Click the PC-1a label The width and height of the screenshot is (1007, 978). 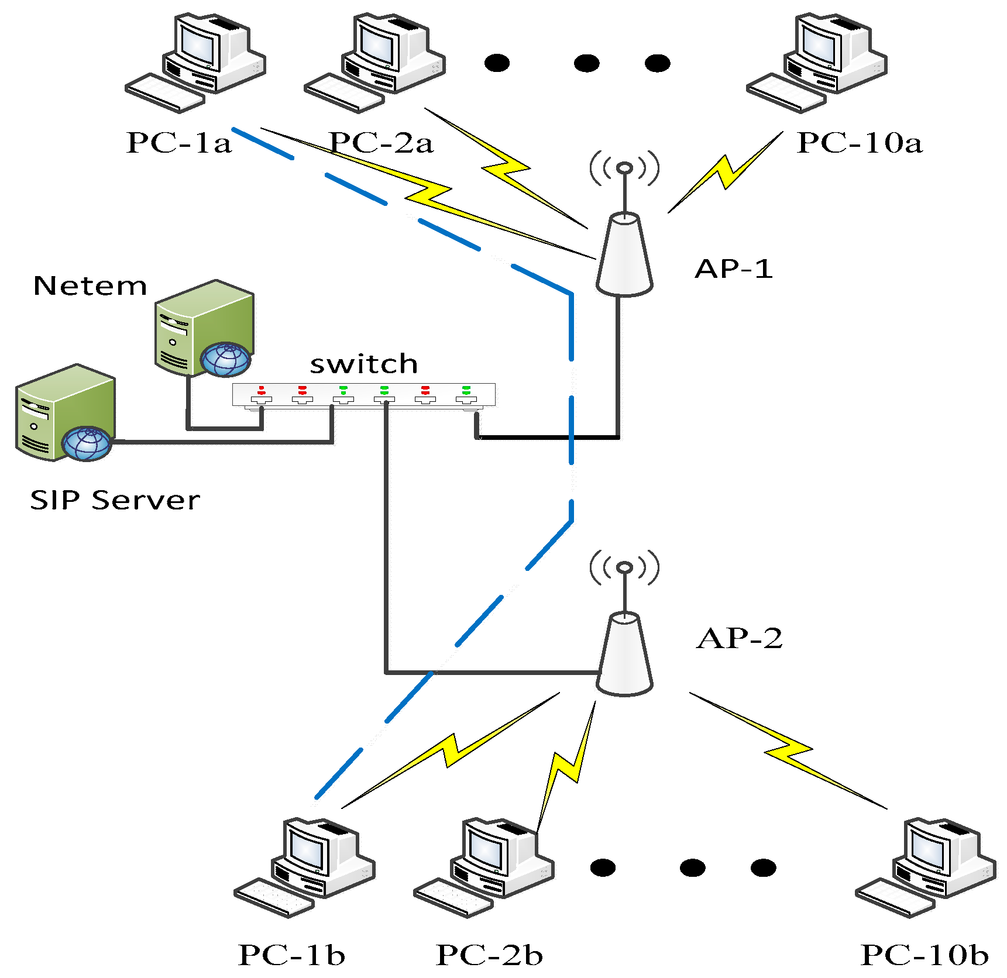[178, 143]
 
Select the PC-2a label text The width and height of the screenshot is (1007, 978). [381, 143]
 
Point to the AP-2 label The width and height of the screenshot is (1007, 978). [739, 638]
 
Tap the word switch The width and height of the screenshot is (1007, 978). [363, 364]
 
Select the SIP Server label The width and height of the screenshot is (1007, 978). [115, 500]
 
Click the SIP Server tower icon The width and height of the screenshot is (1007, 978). [65, 414]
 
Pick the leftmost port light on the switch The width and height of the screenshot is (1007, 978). [262, 390]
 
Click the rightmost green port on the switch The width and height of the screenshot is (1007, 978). [466, 390]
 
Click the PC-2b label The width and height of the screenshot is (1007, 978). [489, 955]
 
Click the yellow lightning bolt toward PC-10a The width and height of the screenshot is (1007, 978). [726, 172]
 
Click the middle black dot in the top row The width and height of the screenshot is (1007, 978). [586, 63]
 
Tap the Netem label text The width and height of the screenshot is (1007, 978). [90, 286]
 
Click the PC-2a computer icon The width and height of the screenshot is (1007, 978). [375, 61]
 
